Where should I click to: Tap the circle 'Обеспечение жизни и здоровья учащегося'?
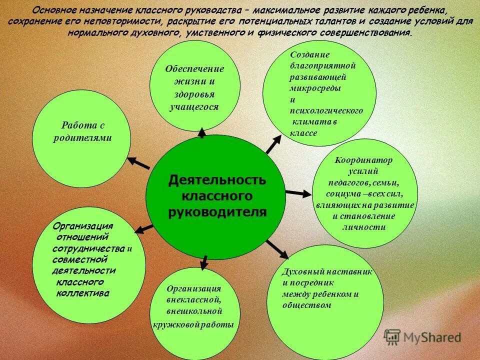[x=195, y=87]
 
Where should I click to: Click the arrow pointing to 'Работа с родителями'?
[x=139, y=163]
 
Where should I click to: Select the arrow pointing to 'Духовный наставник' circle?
[x=277, y=249]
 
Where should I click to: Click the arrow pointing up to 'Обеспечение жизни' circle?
[x=202, y=132]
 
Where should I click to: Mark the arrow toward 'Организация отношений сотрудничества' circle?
[x=144, y=228]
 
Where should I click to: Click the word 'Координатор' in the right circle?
[x=364, y=160]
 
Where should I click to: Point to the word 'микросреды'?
[x=315, y=88]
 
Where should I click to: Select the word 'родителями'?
[x=82, y=138]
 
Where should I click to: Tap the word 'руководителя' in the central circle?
[x=216, y=212]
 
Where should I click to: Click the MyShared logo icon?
[x=392, y=336]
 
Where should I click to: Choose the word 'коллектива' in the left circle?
[x=82, y=293]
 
